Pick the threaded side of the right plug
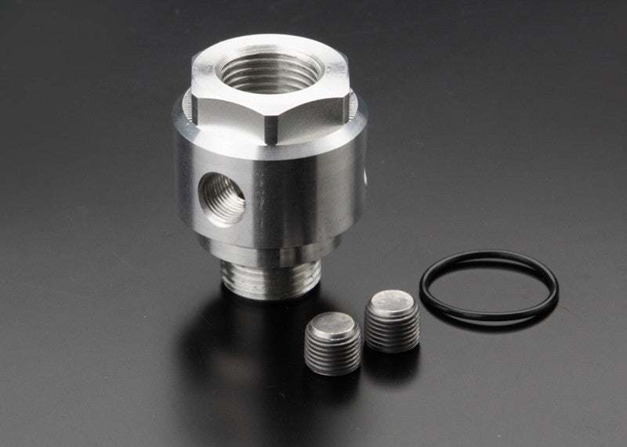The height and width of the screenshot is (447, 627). coord(393,333)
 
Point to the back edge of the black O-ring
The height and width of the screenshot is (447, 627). coord(490,255)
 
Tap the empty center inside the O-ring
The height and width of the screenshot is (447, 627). coord(489,286)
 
